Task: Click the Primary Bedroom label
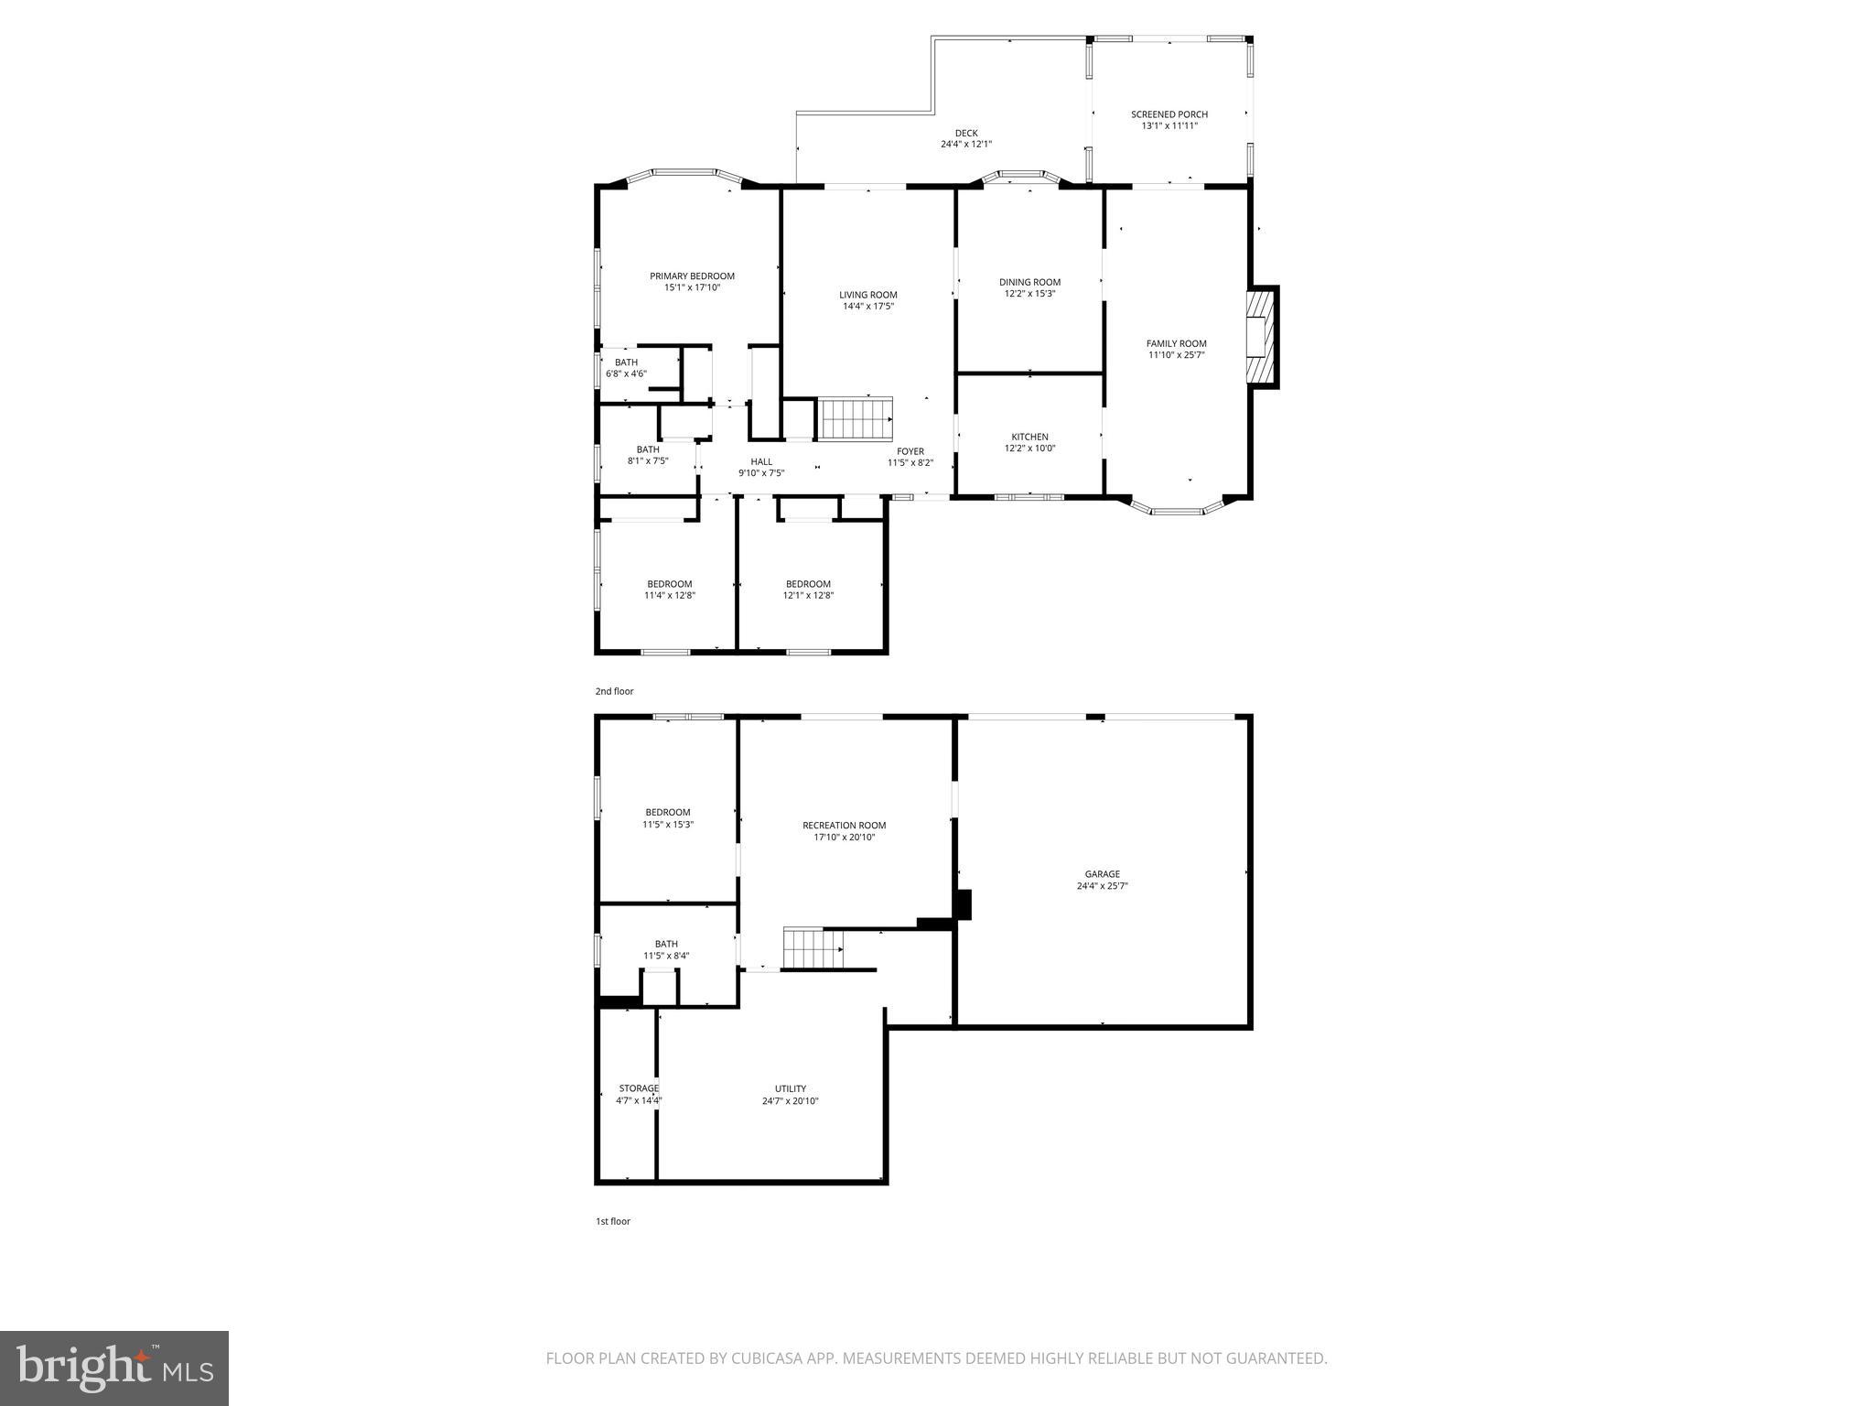692,276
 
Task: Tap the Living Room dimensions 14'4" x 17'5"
867,307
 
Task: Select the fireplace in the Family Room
1262,336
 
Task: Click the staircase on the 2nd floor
855,418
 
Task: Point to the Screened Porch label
1169,114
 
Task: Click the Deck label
965,134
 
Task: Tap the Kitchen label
1029,437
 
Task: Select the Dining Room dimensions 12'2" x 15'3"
1029,294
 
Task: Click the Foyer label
910,451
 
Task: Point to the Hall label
760,461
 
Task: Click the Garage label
1102,874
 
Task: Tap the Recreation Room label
844,825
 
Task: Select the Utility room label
790,1089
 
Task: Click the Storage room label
638,1088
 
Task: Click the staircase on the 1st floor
813,948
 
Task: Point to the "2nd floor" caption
614,691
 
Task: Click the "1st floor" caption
612,1221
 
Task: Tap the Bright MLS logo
114,1368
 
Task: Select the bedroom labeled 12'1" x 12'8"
808,589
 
